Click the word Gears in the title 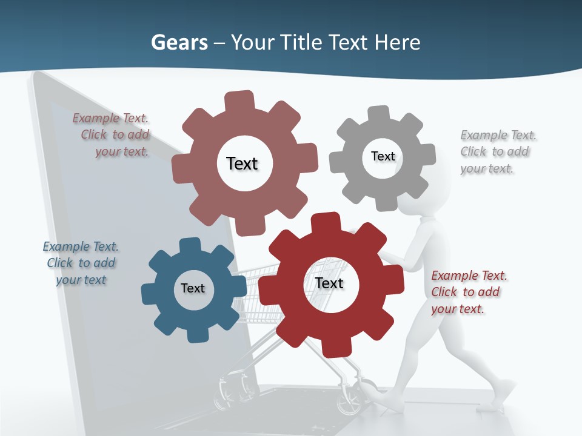179,42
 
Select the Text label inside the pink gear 242,163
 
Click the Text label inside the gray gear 383,156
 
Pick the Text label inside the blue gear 193,288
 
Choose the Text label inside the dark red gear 329,283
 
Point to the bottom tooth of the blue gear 195,334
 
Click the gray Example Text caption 497,151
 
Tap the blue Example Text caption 81,263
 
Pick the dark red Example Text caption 468,292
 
